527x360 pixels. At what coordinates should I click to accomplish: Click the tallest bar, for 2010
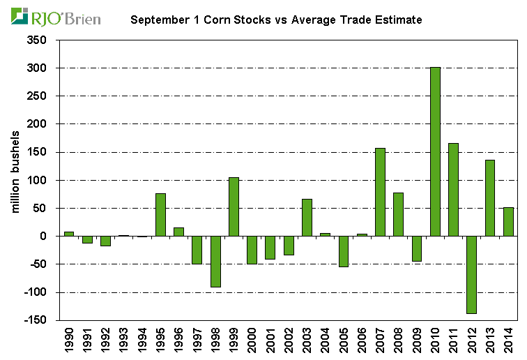[435, 153]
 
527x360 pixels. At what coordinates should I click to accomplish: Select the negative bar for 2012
[471, 275]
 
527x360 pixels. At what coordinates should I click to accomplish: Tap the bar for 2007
[380, 192]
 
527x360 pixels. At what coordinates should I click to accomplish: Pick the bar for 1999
[234, 207]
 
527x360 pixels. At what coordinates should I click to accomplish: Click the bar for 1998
[215, 261]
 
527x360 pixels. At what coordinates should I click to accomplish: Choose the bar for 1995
[160, 214]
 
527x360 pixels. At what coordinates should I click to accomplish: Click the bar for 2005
[343, 251]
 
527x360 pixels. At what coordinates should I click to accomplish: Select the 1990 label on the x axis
[69, 340]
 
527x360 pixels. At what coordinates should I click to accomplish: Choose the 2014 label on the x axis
[508, 340]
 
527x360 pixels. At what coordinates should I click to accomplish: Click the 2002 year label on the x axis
[289, 340]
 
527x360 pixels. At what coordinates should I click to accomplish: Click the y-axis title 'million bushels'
[15, 180]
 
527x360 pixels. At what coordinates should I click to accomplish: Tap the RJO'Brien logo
[56, 17]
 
